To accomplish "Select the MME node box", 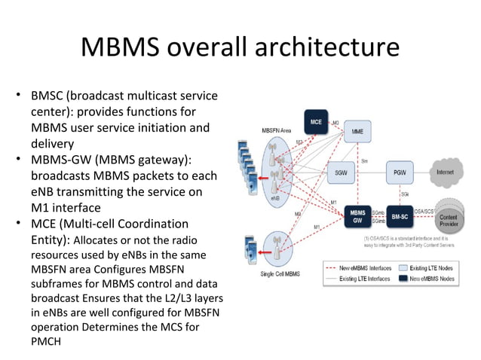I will (357, 131).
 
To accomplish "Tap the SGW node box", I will (342, 172).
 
